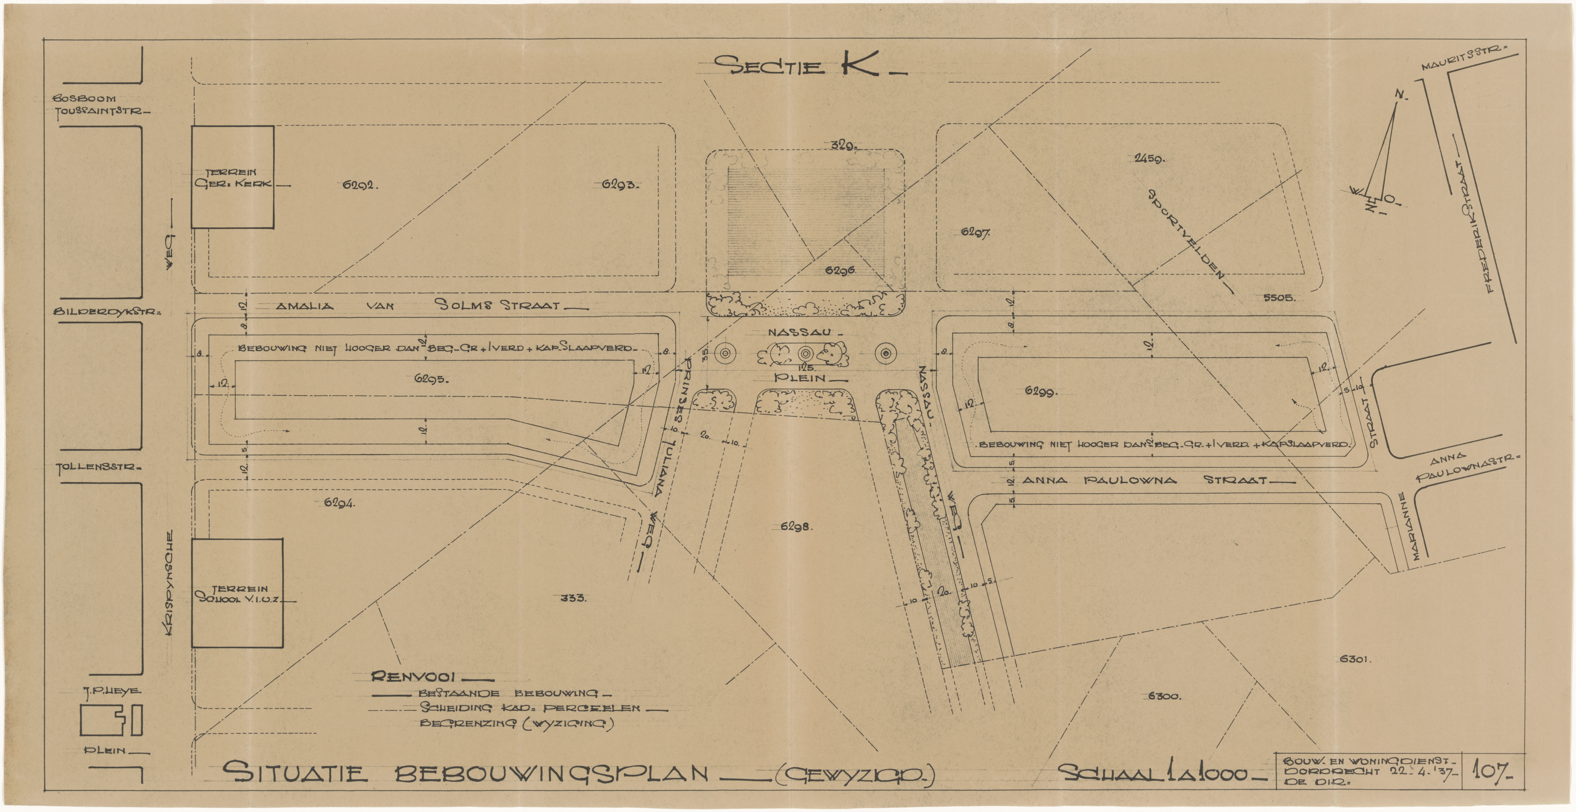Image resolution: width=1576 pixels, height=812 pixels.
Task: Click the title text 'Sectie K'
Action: pyautogui.click(x=808, y=66)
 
